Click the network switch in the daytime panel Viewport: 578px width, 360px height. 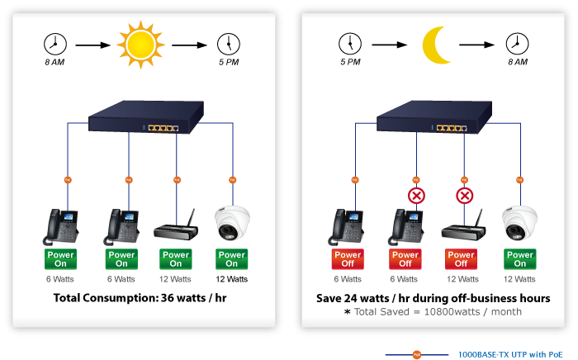[150, 121]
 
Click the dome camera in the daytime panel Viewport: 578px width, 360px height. [231, 223]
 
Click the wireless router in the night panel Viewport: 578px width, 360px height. [462, 226]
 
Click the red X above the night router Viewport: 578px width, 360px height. [465, 196]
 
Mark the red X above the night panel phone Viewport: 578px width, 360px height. [416, 196]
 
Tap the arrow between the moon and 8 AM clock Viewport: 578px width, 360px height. [477, 44]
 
